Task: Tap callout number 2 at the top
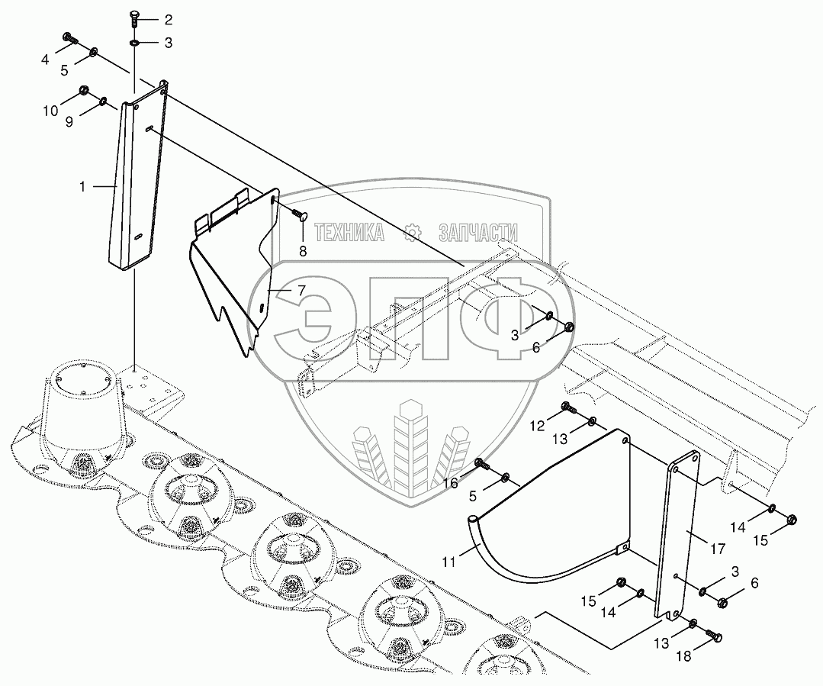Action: click(x=168, y=19)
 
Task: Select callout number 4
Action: click(x=46, y=59)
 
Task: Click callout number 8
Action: click(x=302, y=251)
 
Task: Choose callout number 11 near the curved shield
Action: click(x=449, y=562)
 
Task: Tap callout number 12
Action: click(x=538, y=426)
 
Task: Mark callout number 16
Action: click(x=452, y=483)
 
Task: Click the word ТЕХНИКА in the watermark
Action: click(x=349, y=233)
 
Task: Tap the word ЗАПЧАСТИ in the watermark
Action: click(x=478, y=233)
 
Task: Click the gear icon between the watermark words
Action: click(x=413, y=233)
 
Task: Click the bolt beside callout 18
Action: click(x=715, y=635)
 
